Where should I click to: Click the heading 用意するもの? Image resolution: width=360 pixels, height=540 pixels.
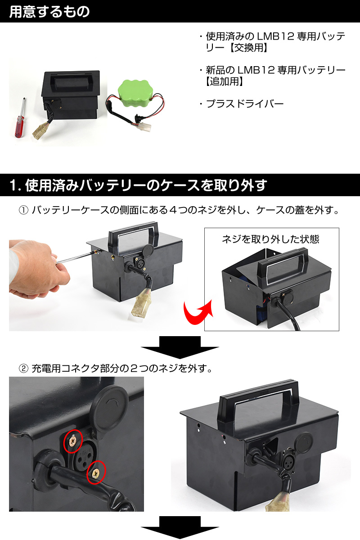49,11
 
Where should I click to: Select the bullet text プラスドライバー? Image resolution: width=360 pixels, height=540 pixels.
245,104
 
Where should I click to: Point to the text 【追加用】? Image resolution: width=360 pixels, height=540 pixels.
225,81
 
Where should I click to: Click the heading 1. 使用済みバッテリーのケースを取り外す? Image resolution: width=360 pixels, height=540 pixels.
138,185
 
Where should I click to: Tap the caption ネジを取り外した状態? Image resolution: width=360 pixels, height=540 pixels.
270,239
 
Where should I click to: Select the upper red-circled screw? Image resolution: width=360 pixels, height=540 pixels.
73,441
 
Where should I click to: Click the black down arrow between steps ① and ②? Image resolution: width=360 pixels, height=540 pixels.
180,347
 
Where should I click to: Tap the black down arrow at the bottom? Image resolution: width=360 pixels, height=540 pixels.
180,528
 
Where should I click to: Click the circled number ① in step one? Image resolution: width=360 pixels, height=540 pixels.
24,210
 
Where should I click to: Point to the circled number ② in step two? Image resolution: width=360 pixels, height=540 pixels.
24,369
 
